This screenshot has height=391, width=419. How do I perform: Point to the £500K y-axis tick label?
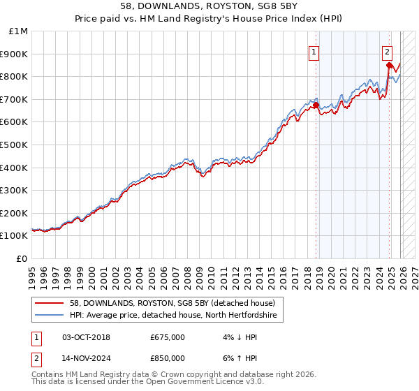click(x=15, y=145)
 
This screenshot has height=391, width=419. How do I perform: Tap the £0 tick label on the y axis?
click(x=22, y=258)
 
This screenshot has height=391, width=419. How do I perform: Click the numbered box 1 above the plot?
click(x=314, y=51)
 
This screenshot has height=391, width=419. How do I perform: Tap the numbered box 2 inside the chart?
click(x=387, y=51)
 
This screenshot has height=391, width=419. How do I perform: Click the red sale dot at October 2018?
click(x=316, y=105)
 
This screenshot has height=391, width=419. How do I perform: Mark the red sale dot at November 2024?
click(x=388, y=66)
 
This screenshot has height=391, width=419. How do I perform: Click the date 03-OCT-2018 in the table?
click(x=86, y=337)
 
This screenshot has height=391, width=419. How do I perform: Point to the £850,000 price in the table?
click(x=167, y=358)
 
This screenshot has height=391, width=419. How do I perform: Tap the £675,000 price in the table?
click(x=167, y=337)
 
